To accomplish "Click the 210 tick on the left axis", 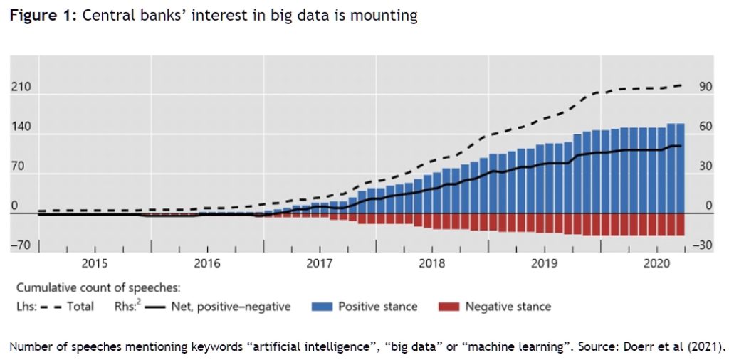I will (20, 87).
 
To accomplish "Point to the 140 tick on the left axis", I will (20, 127).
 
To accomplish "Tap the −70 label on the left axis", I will (20, 245).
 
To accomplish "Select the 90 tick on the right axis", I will (706, 87).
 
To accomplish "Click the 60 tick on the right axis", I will (706, 127).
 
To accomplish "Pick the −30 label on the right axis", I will (703, 245).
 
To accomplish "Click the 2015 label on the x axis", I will (95, 264).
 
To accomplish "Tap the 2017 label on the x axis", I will (320, 264).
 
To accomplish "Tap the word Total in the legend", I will (80, 307).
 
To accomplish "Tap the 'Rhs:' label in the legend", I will (127, 307).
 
